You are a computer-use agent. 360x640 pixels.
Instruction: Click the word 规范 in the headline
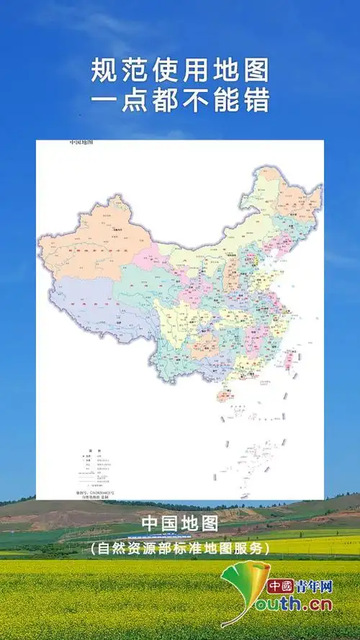pos(114,71)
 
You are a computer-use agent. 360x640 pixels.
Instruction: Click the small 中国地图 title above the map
pos(81,143)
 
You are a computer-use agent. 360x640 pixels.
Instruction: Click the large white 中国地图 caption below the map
pos(180,523)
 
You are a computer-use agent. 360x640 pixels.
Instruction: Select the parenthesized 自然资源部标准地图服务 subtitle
pos(180,548)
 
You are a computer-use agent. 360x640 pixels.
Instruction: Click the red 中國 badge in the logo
pos(279,587)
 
